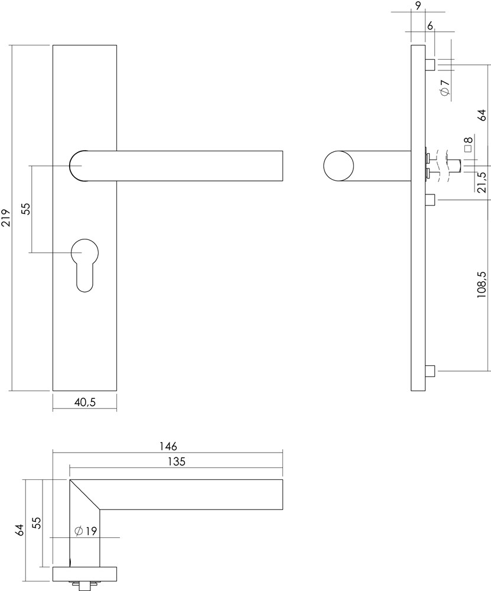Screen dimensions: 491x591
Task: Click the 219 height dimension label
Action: (6, 218)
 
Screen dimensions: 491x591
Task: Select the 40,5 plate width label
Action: (84, 402)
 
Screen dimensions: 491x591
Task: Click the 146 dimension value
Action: (168, 446)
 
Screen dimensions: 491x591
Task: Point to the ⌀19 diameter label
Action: (86, 531)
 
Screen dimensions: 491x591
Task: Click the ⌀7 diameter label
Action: (445, 87)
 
